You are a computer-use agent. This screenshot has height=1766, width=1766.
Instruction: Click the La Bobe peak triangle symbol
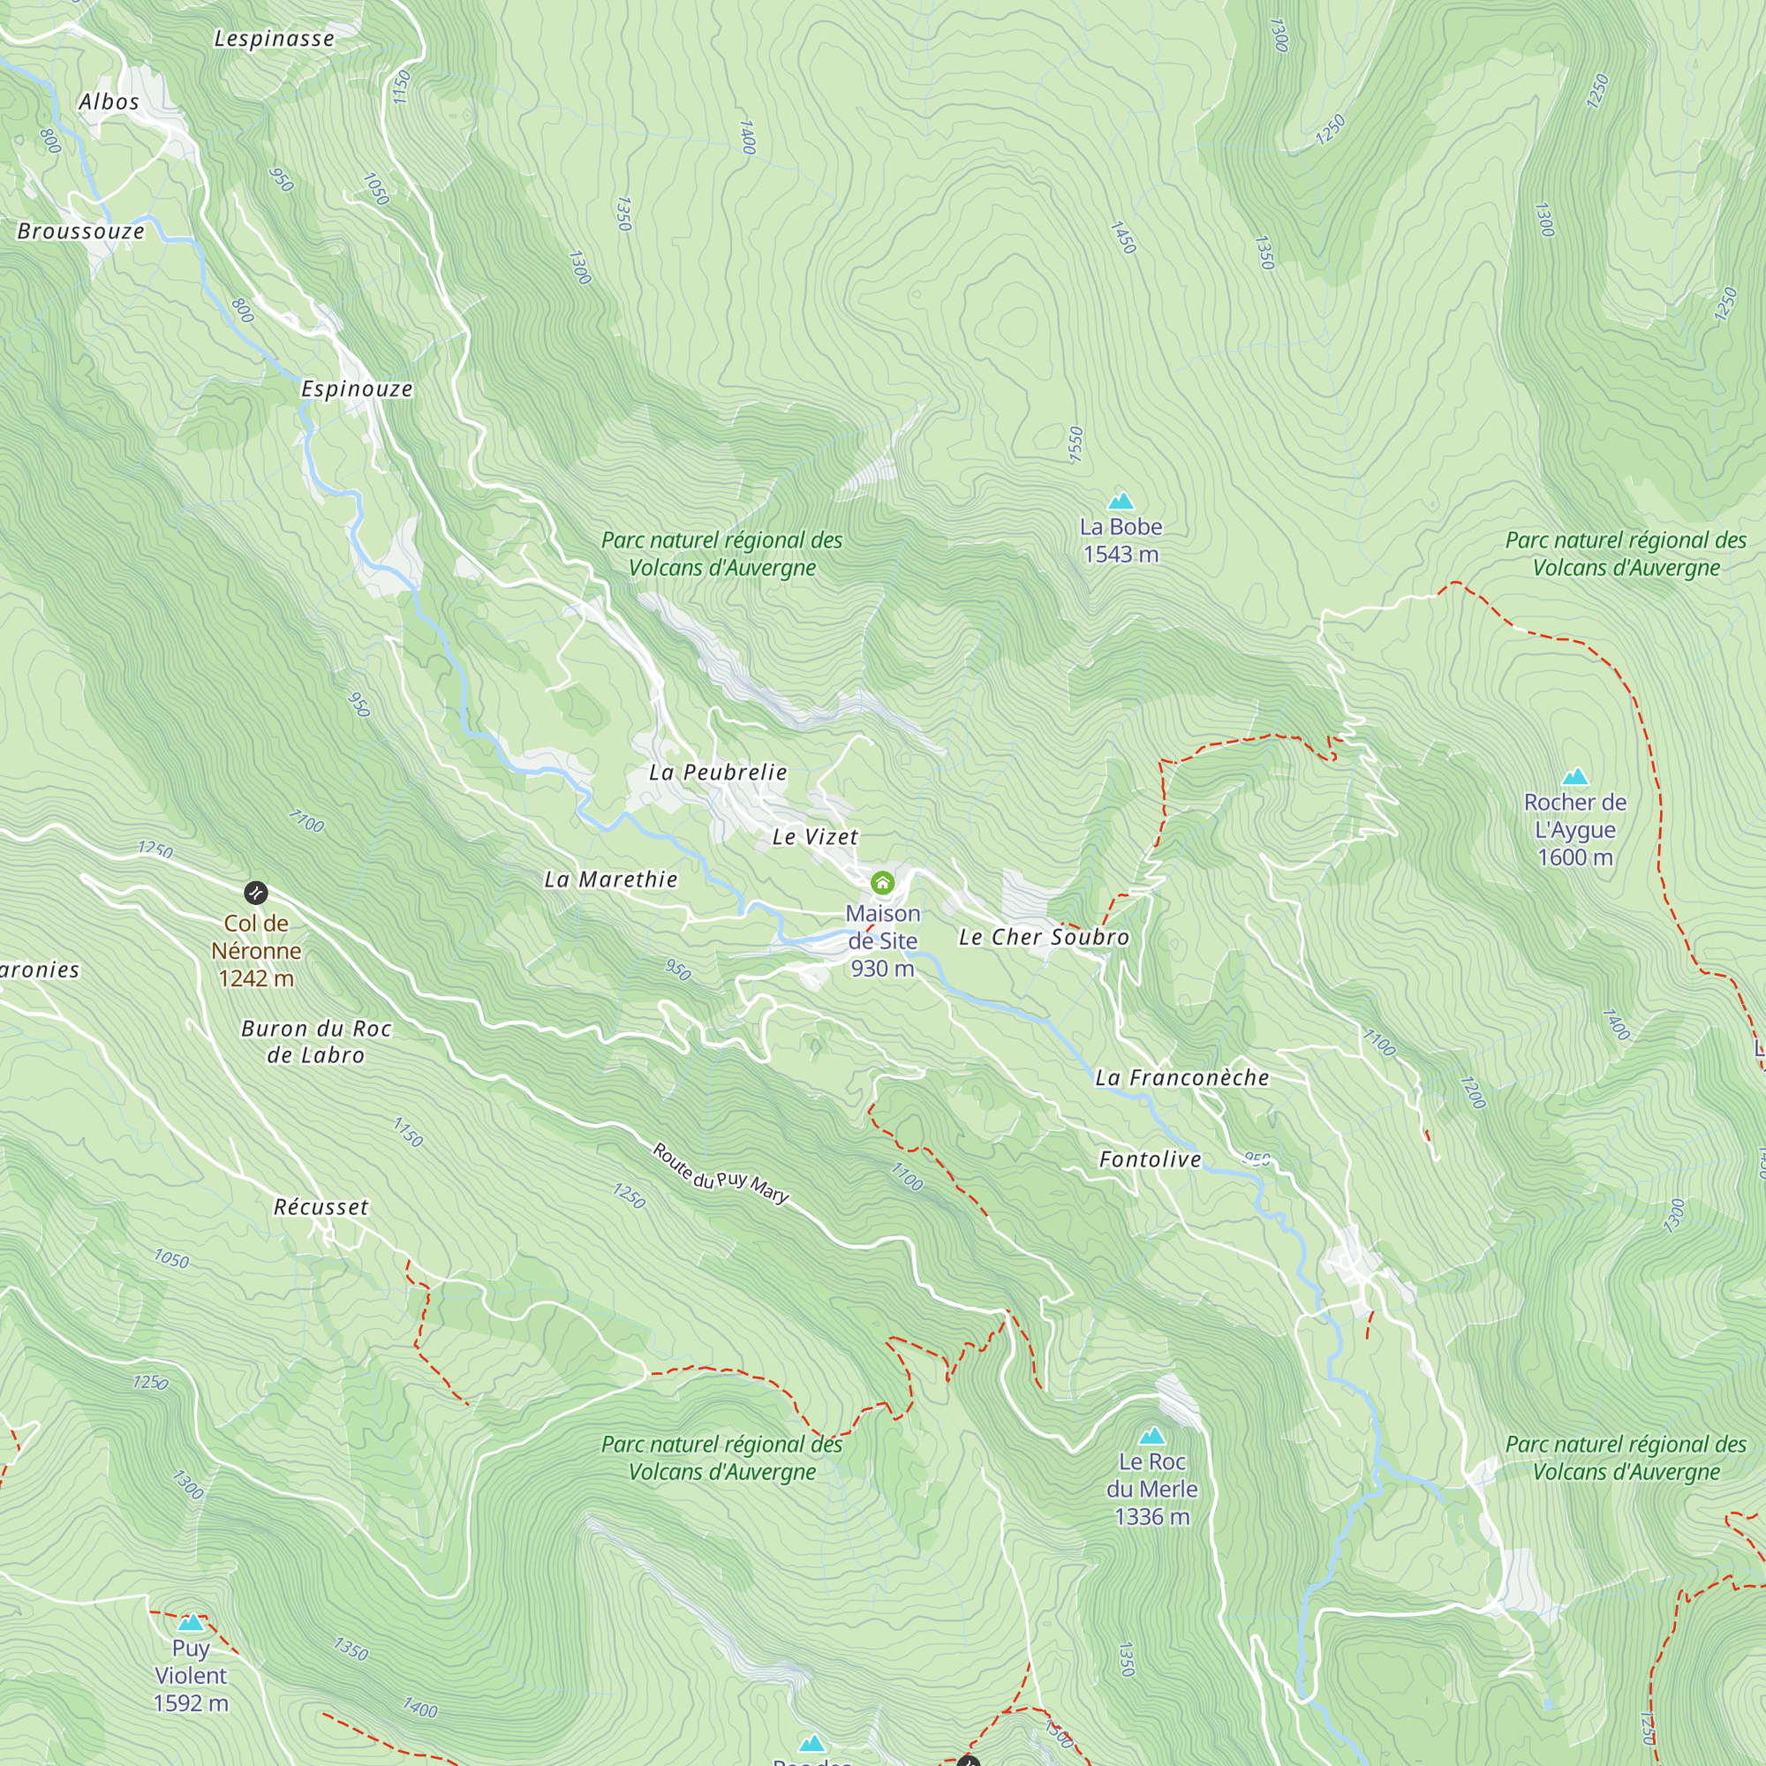(x=1121, y=501)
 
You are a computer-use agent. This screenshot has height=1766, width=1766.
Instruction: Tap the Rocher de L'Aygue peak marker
(x=1575, y=777)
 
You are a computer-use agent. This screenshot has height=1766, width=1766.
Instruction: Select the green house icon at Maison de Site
(x=882, y=882)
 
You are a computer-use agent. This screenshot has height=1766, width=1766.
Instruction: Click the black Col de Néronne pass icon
(x=256, y=892)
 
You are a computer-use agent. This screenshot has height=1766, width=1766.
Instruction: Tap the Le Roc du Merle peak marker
(x=1151, y=1436)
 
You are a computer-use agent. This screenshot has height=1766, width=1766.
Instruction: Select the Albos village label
(x=109, y=102)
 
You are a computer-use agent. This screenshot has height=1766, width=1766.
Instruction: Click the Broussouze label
(x=80, y=231)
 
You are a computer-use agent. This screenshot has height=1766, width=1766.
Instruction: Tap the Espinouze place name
(x=357, y=389)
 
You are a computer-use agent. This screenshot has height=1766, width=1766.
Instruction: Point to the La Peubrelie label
(x=718, y=773)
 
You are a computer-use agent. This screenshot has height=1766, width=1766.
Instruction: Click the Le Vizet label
(x=814, y=836)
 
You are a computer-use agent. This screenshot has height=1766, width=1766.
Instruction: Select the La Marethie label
(x=611, y=879)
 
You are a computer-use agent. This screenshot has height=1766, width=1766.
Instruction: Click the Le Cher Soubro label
(x=1044, y=937)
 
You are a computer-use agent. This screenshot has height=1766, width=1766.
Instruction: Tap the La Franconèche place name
(x=1182, y=1077)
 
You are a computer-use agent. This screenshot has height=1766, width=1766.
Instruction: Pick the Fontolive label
(x=1150, y=1160)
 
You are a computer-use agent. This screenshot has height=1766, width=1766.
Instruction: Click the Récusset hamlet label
(x=321, y=1207)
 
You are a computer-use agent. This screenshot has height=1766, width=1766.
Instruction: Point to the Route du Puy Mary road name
(x=721, y=1173)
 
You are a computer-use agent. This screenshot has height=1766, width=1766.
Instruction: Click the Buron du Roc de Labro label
(x=316, y=1042)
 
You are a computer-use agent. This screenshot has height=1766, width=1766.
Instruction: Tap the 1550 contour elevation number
(x=1075, y=444)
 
